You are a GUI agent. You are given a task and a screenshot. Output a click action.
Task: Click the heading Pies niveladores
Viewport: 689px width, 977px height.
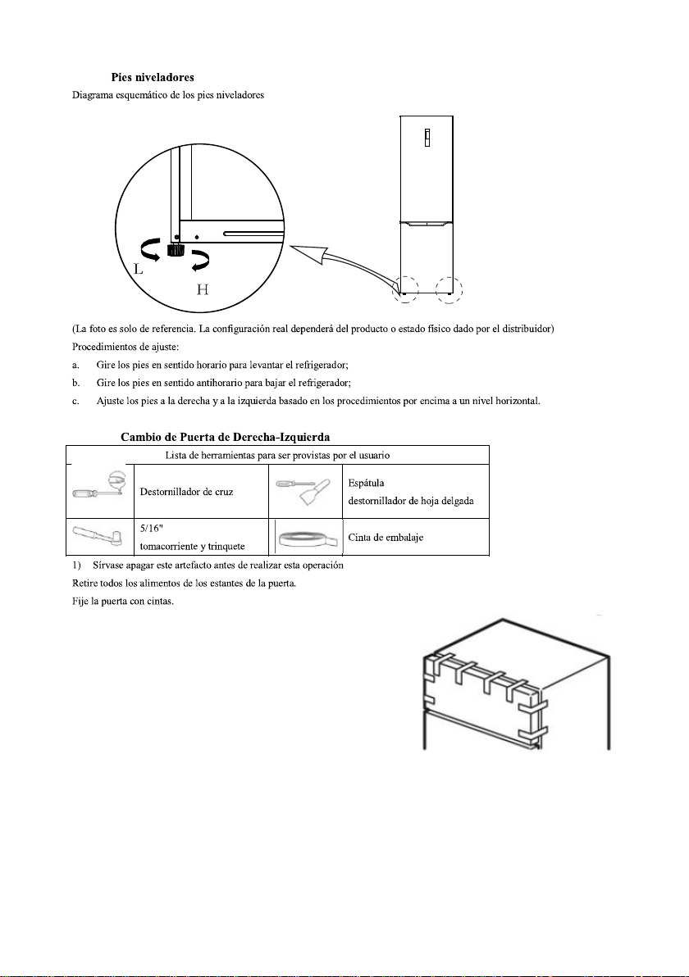152,77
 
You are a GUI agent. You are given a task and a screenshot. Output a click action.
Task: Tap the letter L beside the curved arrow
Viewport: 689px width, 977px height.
139,269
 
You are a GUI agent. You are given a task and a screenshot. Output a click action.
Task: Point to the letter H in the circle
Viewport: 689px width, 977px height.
202,289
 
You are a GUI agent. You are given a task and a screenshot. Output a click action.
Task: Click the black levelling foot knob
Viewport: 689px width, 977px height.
176,250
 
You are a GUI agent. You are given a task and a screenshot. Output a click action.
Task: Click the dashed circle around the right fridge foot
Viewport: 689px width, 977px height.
449,289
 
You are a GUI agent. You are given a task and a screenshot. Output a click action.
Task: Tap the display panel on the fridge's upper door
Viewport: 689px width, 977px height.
427,138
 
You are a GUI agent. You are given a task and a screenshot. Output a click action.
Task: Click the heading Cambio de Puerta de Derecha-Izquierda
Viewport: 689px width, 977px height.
225,437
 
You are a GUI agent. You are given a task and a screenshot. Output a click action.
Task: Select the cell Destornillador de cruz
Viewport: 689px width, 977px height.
186,492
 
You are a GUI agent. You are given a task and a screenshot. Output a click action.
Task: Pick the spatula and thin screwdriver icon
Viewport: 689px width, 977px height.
304,490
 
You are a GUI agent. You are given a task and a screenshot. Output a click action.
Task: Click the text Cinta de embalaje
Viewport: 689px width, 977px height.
386,537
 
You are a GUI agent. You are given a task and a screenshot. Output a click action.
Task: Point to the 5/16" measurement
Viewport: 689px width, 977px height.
152,529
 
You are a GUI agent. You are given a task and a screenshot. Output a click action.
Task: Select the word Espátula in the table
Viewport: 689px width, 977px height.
366,483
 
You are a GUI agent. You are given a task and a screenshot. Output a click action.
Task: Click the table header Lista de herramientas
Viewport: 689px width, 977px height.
277,456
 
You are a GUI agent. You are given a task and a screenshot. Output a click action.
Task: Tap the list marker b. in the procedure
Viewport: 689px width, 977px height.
75,383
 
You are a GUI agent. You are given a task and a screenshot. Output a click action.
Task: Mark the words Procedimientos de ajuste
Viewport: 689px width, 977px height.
126,347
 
